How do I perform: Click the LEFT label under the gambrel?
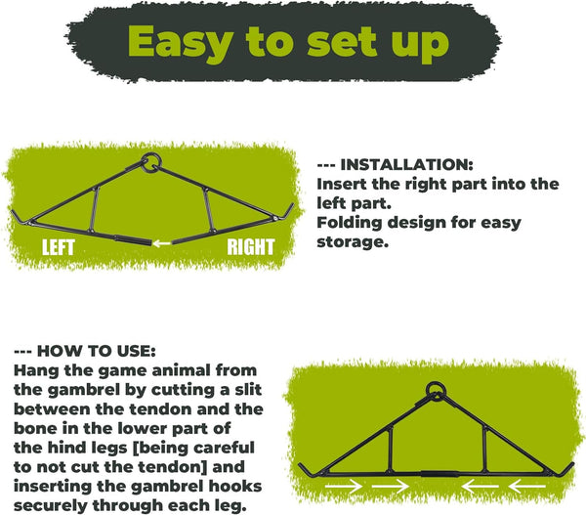click(x=59, y=247)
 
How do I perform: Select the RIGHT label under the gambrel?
click(x=251, y=247)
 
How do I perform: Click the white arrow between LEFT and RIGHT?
click(x=162, y=243)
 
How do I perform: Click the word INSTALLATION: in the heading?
click(x=407, y=165)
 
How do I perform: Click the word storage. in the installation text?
click(x=353, y=242)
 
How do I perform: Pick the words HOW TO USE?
click(x=97, y=351)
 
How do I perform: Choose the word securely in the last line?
click(x=50, y=506)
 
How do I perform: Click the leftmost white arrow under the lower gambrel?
click(x=344, y=487)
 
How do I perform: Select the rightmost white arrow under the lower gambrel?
click(x=527, y=487)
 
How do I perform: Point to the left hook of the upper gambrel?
click(x=20, y=218)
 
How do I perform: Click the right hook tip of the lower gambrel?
click(x=573, y=463)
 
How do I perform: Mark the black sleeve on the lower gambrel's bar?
click(x=439, y=474)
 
